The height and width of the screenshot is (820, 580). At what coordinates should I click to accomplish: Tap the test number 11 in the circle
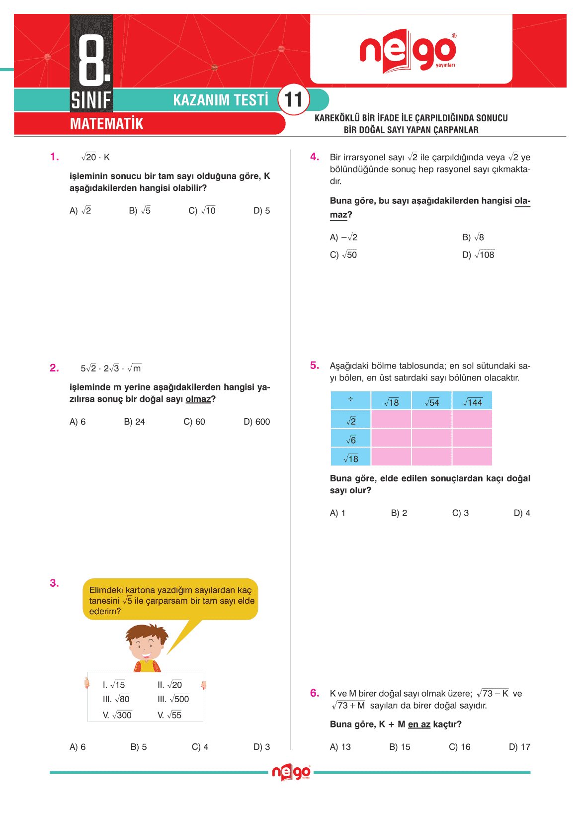[x=293, y=99]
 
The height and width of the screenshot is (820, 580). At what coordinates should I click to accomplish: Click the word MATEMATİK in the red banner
[x=106, y=124]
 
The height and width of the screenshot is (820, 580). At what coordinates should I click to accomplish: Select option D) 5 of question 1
[x=261, y=211]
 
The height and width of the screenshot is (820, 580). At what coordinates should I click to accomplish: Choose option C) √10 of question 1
[x=202, y=211]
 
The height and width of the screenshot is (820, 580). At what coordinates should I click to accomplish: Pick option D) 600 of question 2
[x=256, y=422]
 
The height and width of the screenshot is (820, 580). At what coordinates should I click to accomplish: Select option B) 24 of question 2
[x=134, y=422]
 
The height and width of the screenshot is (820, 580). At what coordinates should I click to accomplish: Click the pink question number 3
[x=54, y=583]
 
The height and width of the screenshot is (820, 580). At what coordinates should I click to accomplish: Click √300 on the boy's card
[x=117, y=715]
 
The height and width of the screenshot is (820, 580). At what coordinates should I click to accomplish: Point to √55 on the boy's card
[x=169, y=715]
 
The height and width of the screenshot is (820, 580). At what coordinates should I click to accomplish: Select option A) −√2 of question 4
[x=343, y=237]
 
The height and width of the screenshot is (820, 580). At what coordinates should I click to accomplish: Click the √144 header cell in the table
[x=472, y=402]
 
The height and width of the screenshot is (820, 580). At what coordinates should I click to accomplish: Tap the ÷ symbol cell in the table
[x=350, y=400]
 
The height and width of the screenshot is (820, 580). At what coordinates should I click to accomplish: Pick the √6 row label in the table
[x=350, y=440]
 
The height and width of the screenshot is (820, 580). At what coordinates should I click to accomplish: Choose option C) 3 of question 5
[x=460, y=513]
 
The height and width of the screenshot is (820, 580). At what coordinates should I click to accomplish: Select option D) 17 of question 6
[x=519, y=747]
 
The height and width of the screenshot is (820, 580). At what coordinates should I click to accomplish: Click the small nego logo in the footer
[x=291, y=772]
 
